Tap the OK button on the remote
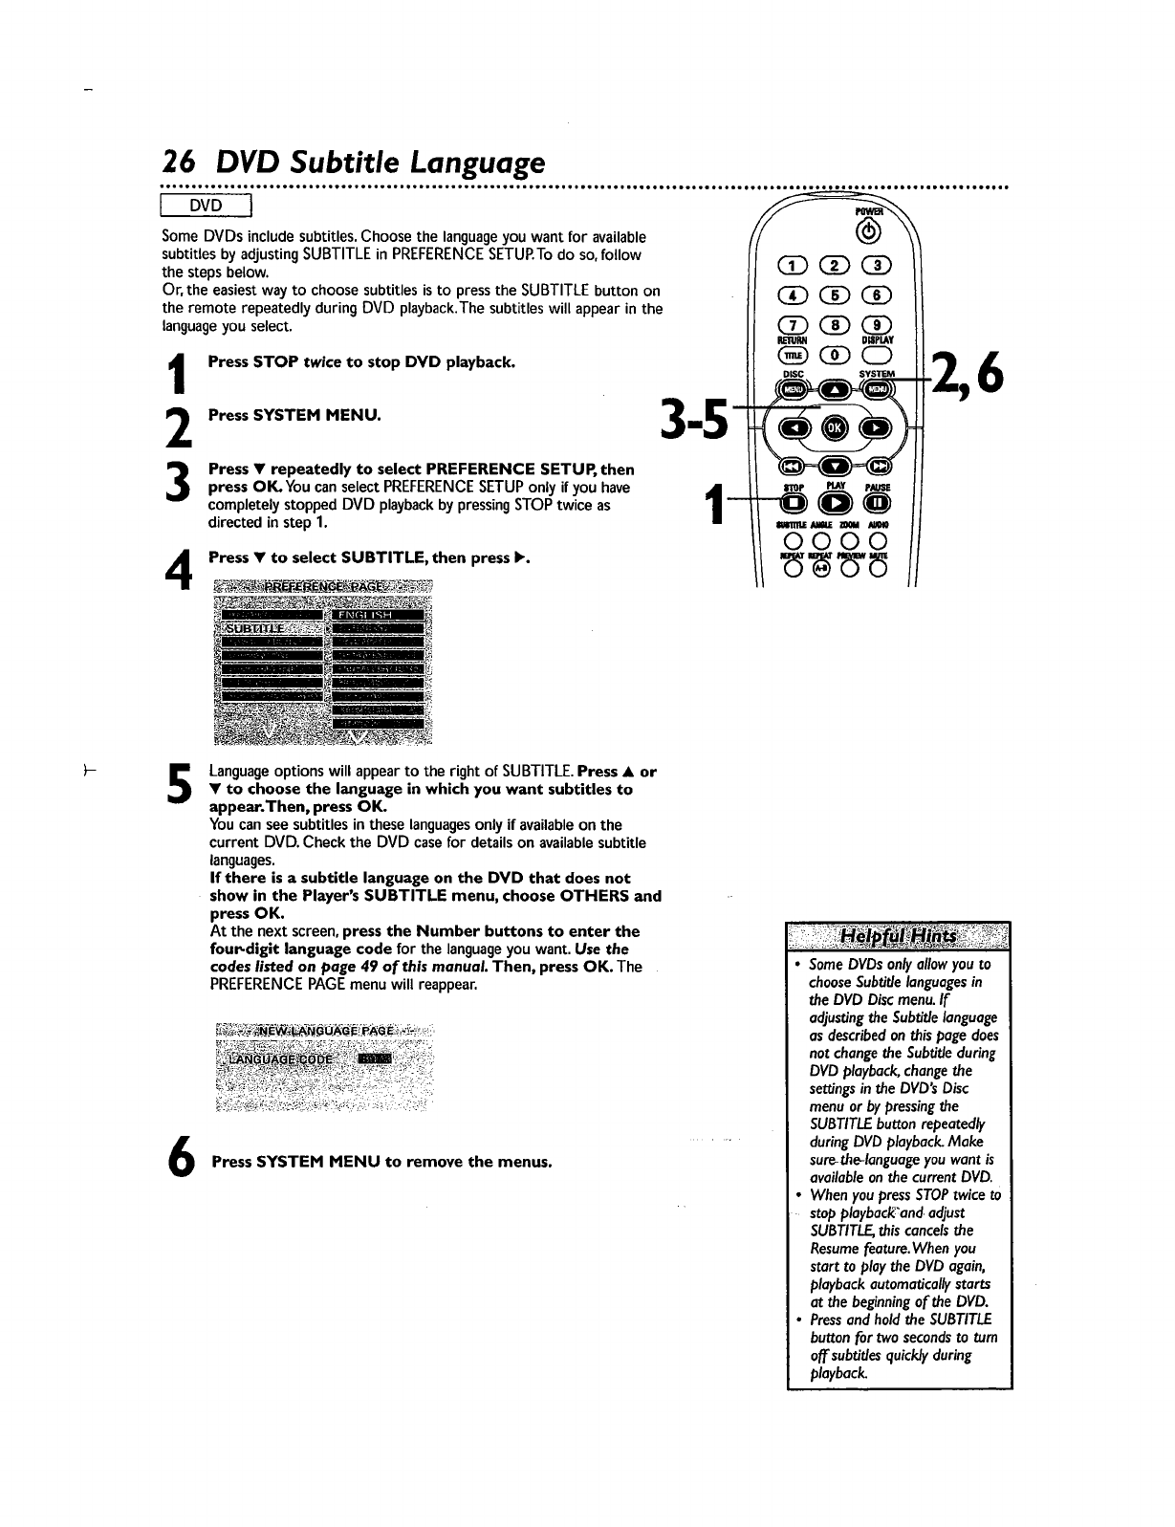834,427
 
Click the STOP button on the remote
792,504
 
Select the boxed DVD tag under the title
206,206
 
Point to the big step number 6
183,1162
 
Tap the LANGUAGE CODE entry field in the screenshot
374,1058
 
